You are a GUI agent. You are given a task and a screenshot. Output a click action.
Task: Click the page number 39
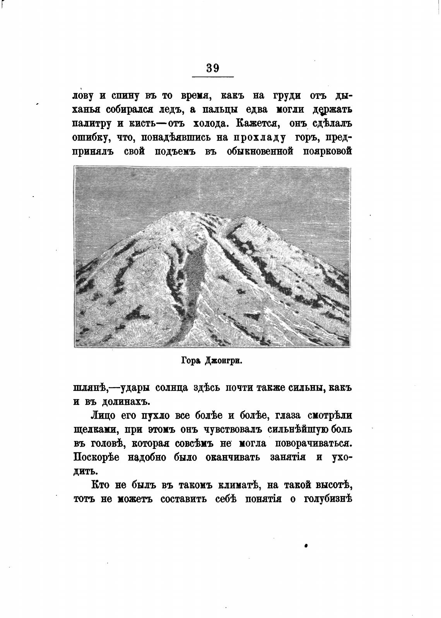pos(213,68)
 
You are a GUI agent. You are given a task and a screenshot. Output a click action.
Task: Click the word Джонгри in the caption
pos(224,362)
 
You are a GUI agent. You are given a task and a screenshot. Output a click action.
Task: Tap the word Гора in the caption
pos(191,362)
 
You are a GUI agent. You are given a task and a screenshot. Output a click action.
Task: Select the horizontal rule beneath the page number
pos(213,78)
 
